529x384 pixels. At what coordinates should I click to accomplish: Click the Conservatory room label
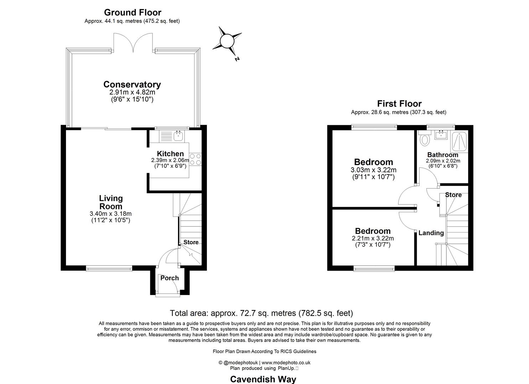[x=132, y=85]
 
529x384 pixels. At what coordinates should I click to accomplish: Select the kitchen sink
[x=178, y=135]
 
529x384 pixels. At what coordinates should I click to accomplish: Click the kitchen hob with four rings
[x=195, y=159]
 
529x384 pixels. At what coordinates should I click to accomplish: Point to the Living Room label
[x=111, y=202]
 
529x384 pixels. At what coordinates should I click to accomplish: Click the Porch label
[x=170, y=278]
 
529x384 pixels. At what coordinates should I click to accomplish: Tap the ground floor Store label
[x=191, y=242]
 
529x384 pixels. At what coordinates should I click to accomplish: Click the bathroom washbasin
[x=441, y=134]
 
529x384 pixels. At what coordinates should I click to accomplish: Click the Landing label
[x=431, y=233]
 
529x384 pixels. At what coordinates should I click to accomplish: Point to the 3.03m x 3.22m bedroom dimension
[x=373, y=170]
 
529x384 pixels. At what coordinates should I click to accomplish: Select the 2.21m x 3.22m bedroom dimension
[x=373, y=239]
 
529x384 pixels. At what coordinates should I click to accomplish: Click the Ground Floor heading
[x=133, y=12]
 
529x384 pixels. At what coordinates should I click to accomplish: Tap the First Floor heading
[x=399, y=104]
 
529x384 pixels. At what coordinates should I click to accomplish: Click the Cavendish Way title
[x=263, y=379]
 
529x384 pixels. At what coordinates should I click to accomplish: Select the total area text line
[x=261, y=313]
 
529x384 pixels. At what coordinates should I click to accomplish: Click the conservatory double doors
[x=133, y=43]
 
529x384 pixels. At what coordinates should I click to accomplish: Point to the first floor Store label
[x=453, y=195]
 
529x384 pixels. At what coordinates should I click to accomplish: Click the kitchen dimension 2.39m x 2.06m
[x=170, y=160]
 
